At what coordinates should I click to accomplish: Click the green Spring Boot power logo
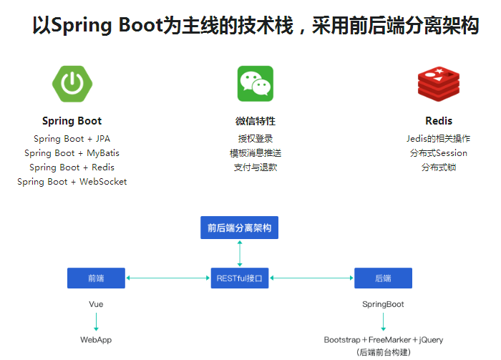point(72,83)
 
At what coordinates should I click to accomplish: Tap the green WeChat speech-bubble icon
point(256,84)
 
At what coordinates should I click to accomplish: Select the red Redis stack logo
point(438,84)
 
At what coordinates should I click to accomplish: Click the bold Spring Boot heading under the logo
point(72,121)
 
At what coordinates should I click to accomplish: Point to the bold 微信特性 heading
point(256,121)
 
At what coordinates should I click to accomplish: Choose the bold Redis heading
point(439,121)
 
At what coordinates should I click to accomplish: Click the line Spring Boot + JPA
point(72,139)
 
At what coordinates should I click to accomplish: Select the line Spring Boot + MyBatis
point(72,153)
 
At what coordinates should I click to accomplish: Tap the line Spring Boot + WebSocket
point(72,182)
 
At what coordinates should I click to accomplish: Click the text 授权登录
point(256,139)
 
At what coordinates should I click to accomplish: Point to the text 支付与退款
point(256,167)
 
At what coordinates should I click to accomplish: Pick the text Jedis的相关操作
point(439,139)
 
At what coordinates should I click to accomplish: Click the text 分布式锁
point(439,167)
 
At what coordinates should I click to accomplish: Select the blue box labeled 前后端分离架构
point(239,228)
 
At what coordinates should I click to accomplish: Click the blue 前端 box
point(96,278)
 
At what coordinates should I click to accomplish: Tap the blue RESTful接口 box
point(240,278)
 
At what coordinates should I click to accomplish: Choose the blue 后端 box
point(383,278)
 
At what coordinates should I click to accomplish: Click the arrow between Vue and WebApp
point(96,321)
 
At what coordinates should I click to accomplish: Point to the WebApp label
point(96,340)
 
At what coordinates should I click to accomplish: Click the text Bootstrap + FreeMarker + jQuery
point(383,340)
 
